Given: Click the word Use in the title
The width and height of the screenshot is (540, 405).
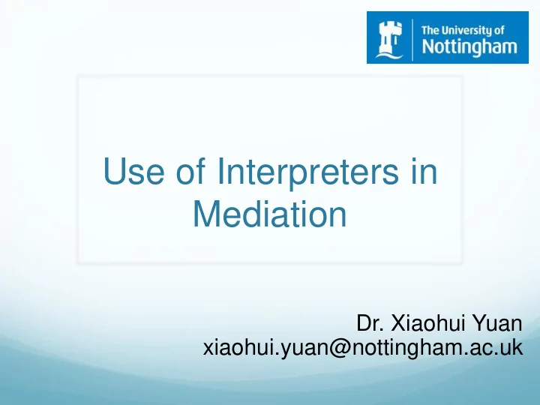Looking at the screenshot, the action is pyautogui.click(x=133, y=171).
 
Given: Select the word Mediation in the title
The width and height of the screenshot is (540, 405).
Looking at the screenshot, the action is pyautogui.click(x=270, y=214).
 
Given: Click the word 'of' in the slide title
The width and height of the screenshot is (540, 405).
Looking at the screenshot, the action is pyautogui.click(x=190, y=171).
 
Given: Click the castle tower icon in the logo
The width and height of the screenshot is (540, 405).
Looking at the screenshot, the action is pyautogui.click(x=389, y=38).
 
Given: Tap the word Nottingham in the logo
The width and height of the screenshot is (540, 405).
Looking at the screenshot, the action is pyautogui.click(x=469, y=46).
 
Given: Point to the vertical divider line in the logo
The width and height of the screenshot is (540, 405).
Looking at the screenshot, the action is pyautogui.click(x=412, y=40).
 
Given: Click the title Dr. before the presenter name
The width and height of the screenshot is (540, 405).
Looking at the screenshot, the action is pyautogui.click(x=370, y=324).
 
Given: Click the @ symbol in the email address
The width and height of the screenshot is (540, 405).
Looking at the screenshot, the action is pyautogui.click(x=340, y=349).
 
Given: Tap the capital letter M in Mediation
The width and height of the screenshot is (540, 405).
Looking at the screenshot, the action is pyautogui.click(x=207, y=214).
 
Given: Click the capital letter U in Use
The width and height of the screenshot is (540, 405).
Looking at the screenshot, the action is pyautogui.click(x=114, y=171).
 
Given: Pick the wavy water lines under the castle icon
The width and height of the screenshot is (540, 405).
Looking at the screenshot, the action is pyautogui.click(x=389, y=54).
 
